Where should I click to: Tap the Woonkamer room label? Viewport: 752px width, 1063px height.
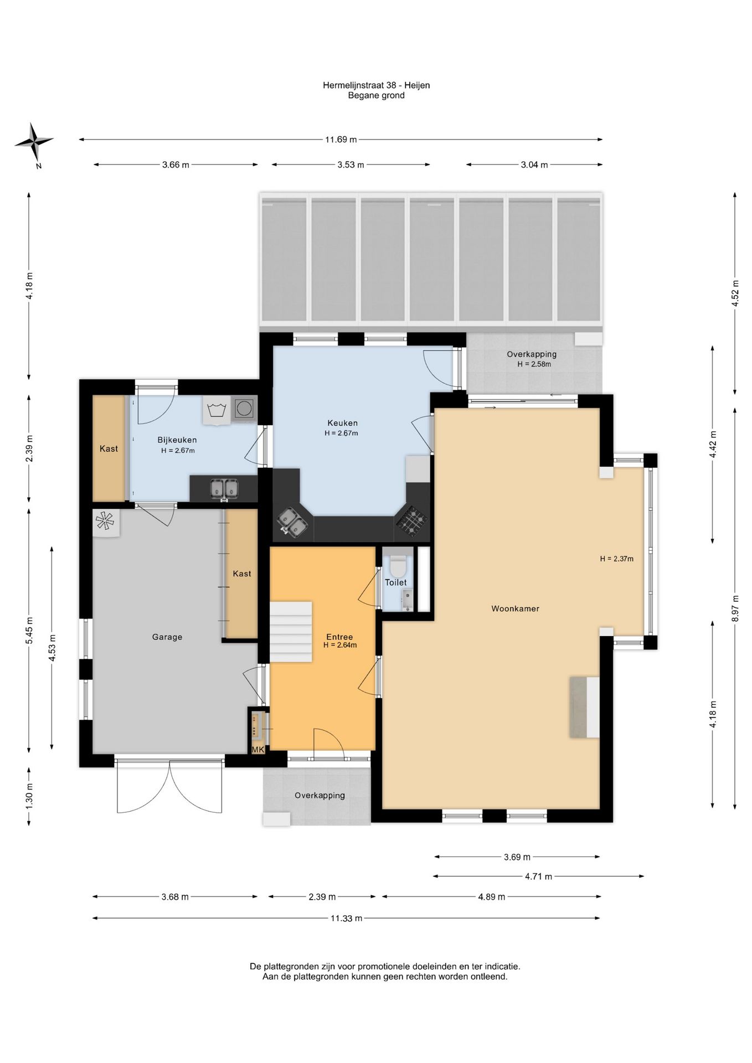pyautogui.click(x=515, y=608)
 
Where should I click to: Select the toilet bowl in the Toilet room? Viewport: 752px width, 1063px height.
pyautogui.click(x=398, y=565)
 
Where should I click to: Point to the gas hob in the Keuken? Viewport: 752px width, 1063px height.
pyautogui.click(x=411, y=520)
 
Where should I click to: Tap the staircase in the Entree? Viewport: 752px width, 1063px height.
pyautogui.click(x=291, y=632)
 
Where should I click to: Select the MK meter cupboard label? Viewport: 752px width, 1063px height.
pyautogui.click(x=258, y=750)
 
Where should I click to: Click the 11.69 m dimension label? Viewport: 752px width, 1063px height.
pyautogui.click(x=341, y=140)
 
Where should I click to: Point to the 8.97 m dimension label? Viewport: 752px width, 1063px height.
pyautogui.click(x=735, y=608)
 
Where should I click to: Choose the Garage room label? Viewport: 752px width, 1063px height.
pyautogui.click(x=167, y=637)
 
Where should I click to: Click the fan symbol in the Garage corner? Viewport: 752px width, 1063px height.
pyautogui.click(x=105, y=522)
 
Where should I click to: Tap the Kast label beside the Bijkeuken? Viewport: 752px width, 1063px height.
pyautogui.click(x=109, y=448)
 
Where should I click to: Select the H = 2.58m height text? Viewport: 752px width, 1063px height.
pyautogui.click(x=534, y=364)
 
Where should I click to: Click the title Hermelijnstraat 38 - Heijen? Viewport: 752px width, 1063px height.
pyautogui.click(x=377, y=85)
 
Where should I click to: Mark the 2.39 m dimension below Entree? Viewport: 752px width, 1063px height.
pyautogui.click(x=322, y=897)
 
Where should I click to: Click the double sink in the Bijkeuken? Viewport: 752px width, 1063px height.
pyautogui.click(x=224, y=489)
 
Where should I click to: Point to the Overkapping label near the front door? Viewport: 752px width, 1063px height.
pyautogui.click(x=320, y=796)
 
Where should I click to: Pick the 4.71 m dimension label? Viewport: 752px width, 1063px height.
pyautogui.click(x=538, y=876)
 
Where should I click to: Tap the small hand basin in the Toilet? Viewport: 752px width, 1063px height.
pyautogui.click(x=407, y=600)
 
